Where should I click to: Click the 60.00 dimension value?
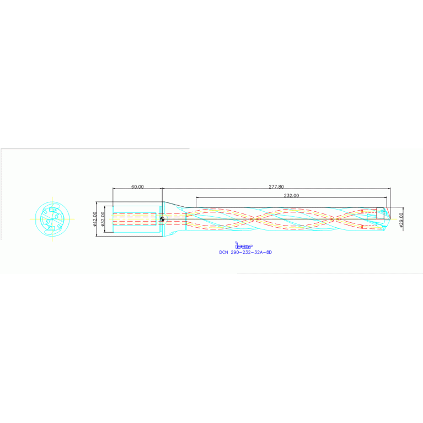pyautogui.click(x=137, y=187)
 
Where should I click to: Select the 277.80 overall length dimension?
pyautogui.click(x=276, y=187)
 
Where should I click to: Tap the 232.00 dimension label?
pyautogui.click(x=291, y=195)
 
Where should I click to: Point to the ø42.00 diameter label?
pyautogui.click(x=95, y=219)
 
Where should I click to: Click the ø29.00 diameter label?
pyautogui.click(x=401, y=219)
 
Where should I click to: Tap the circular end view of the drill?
pyautogui.click(x=52, y=218)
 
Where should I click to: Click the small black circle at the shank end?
pyautogui.click(x=162, y=219)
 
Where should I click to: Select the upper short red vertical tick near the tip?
pyautogui.click(x=362, y=211)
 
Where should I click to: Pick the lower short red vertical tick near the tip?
pyautogui.click(x=362, y=226)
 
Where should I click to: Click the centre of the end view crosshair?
pyautogui.click(x=52, y=218)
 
